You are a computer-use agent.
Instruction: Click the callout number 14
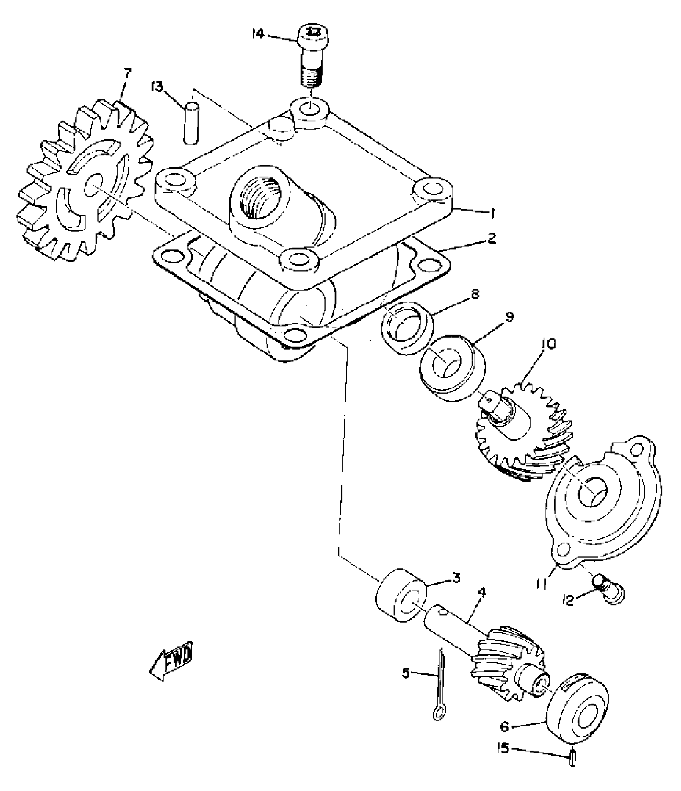(259, 34)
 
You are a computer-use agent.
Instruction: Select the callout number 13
(158, 86)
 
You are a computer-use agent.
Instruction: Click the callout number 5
(406, 674)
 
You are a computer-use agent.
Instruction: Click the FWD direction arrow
(170, 664)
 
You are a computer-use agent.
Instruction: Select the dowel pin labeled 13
(191, 123)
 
